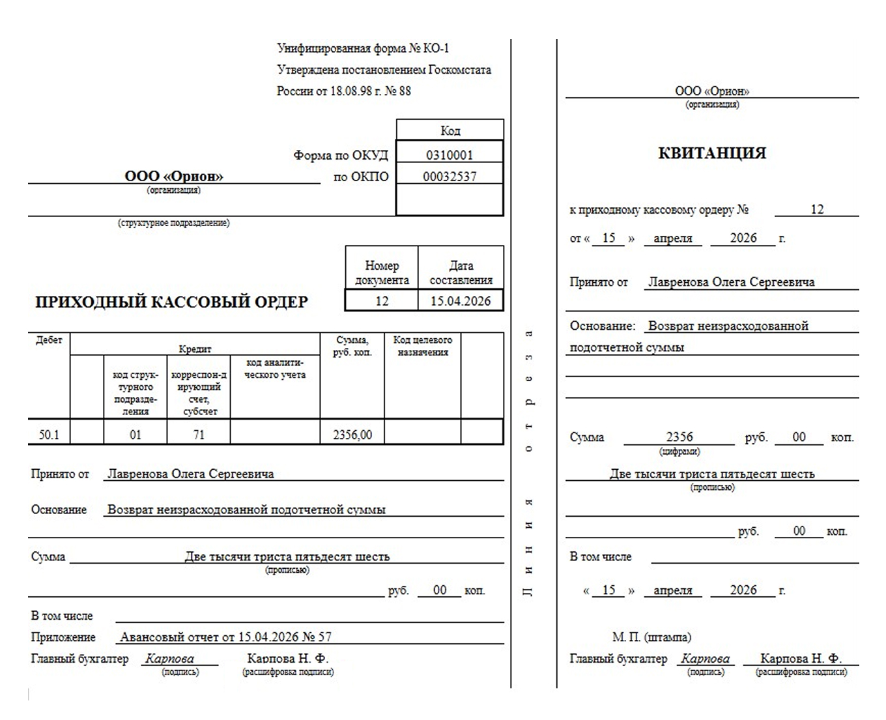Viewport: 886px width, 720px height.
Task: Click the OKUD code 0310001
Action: pos(450,155)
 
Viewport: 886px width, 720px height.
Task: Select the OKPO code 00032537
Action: pos(450,177)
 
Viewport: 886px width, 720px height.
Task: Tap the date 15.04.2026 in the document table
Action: pos(461,301)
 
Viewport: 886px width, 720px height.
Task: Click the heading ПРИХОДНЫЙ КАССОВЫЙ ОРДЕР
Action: pos(171,302)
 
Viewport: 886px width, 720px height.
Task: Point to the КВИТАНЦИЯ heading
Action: pos(712,153)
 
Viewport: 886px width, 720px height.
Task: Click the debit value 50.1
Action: pos(49,435)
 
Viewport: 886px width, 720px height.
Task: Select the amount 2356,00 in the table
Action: pos(352,435)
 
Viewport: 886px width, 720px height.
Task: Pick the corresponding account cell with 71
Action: pos(199,435)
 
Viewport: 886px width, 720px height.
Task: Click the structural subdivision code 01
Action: pos(135,435)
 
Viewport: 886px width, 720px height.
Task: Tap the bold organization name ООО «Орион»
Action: pos(174,176)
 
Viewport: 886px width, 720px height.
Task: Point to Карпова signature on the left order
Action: pos(169,659)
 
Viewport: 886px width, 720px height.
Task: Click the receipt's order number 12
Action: pos(817,209)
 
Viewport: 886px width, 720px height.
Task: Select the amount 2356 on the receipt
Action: pos(679,437)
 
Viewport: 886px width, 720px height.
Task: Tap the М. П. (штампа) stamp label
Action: pos(651,637)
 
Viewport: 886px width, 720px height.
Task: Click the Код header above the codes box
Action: pos(450,130)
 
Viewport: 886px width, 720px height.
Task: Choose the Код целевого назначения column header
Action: pos(422,346)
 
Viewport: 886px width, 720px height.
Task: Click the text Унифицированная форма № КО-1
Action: pos(363,48)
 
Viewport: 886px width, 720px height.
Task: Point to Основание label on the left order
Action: pos(59,510)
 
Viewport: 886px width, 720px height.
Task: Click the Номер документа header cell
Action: pos(382,272)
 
